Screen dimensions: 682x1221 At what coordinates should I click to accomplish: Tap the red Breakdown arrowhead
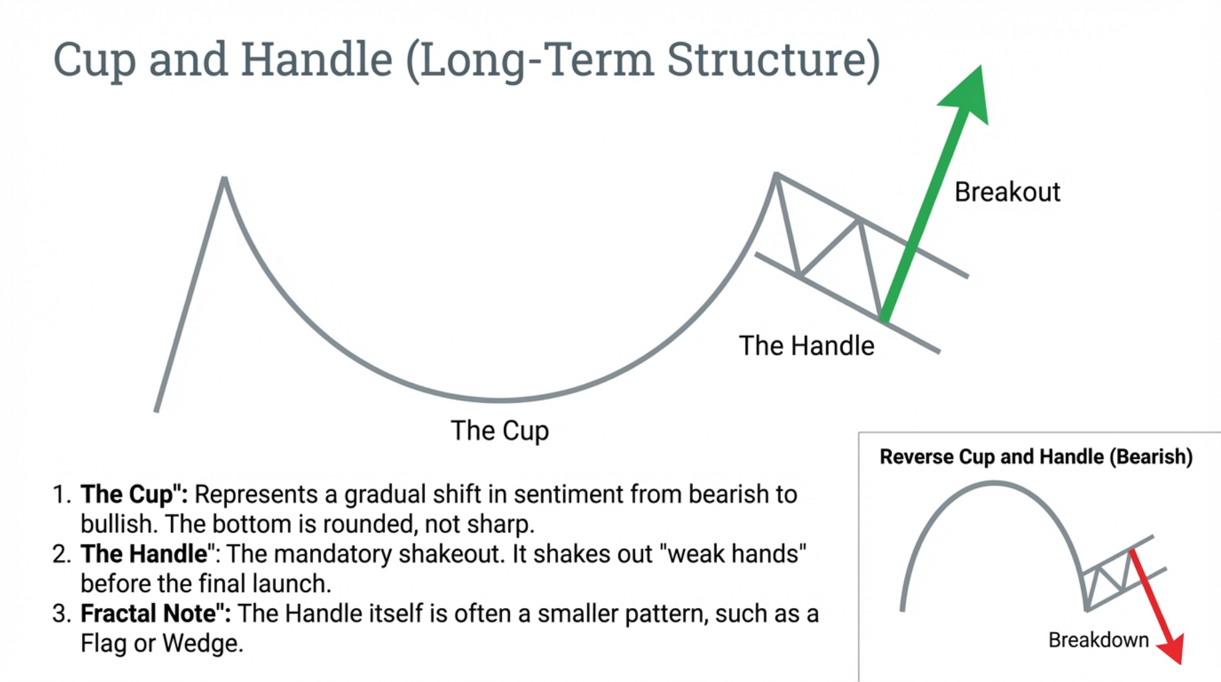(1173, 649)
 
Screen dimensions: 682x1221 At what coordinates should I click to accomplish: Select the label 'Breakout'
(1007, 192)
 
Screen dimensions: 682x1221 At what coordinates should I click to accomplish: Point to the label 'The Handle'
(806, 346)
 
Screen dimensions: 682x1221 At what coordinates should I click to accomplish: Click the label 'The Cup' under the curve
(499, 431)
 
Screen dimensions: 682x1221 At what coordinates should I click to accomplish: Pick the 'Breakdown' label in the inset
(1098, 640)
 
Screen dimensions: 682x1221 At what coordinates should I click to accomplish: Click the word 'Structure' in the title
(773, 60)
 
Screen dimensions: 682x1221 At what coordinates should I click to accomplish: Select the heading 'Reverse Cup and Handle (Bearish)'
(1035, 457)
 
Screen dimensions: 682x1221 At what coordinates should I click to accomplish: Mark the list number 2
(61, 554)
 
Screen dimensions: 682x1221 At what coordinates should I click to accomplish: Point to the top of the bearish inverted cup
(993, 484)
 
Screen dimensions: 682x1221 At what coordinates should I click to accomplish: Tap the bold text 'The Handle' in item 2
(144, 554)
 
